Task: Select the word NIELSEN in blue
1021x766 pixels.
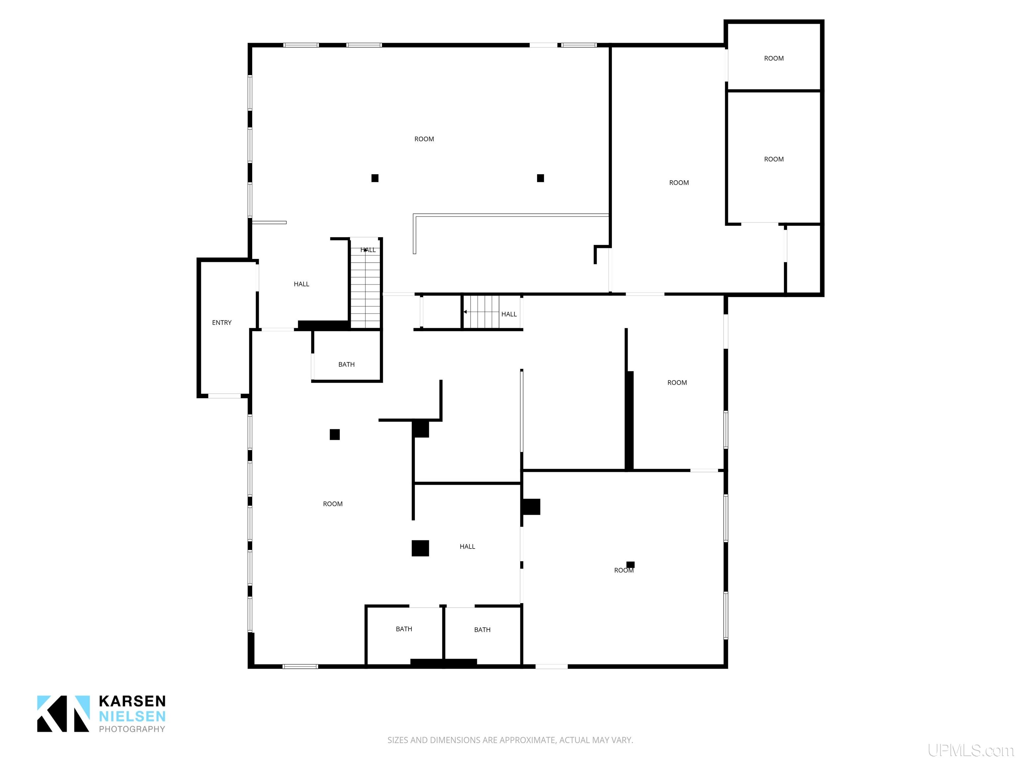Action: point(132,716)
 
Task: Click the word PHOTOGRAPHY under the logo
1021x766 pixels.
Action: point(132,729)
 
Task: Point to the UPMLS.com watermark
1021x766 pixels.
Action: point(971,751)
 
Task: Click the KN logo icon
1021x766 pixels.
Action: point(63,713)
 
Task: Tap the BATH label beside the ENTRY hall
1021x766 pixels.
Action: point(347,365)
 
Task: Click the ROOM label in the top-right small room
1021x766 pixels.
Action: point(774,59)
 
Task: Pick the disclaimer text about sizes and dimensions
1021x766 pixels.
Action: point(510,740)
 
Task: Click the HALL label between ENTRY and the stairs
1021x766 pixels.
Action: point(301,284)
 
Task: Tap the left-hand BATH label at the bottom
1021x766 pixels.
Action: point(404,629)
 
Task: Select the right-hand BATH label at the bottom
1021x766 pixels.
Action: point(482,630)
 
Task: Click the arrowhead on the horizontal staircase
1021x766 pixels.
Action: point(465,312)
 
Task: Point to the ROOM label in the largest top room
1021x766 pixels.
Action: point(424,139)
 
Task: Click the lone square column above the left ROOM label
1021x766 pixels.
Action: point(335,435)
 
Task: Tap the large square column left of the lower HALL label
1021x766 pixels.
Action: point(420,548)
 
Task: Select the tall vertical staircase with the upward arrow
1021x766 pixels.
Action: point(366,283)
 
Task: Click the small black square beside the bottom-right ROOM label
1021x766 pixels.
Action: point(630,565)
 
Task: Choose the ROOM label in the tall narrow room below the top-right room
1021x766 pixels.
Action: point(774,159)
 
